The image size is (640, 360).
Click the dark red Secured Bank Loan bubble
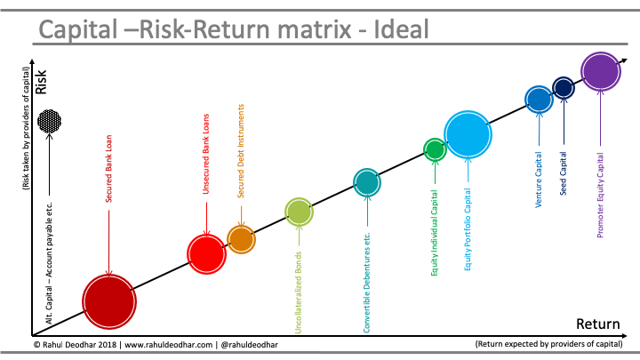coord(109,301)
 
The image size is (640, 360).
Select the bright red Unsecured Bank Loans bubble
coord(206,254)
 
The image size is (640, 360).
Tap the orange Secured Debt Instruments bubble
coord(241,240)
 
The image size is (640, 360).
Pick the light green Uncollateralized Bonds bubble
coord(299,212)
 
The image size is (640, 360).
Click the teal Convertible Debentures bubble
coord(367,182)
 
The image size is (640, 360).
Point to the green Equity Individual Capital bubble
coord(435,149)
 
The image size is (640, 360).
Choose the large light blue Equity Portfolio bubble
coord(468,134)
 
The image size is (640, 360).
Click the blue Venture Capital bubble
coord(539,100)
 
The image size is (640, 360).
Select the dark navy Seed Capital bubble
coord(564,87)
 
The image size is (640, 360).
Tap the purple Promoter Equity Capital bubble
coord(601,71)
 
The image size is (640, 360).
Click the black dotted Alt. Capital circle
coord(50,121)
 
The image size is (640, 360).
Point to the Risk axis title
coord(41,82)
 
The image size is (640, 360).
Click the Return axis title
coord(598,324)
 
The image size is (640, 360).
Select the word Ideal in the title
coord(401,29)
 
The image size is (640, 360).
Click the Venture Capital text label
coord(539,180)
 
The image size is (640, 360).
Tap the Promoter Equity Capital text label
coord(600,195)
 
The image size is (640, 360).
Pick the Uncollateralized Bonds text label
coord(299,292)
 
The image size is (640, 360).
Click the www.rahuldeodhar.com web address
coord(169,345)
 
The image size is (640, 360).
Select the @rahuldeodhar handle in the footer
coord(250,345)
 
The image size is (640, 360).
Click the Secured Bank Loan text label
coord(109,169)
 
